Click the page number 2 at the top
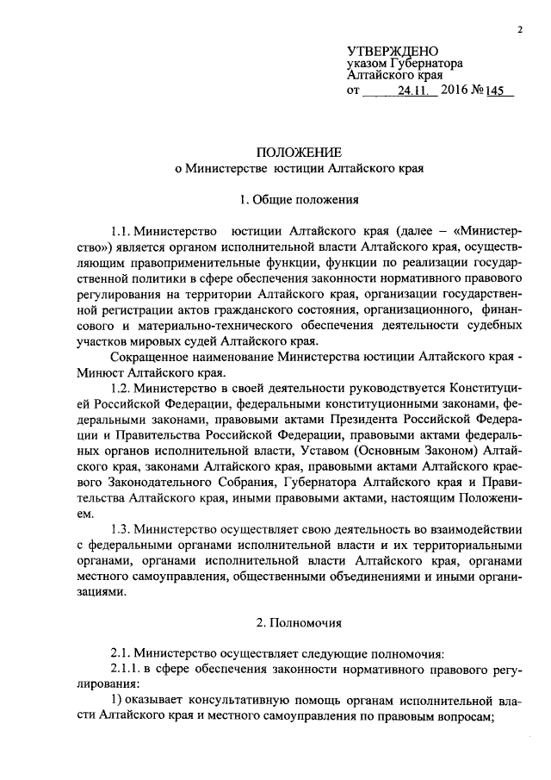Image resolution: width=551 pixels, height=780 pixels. (521, 31)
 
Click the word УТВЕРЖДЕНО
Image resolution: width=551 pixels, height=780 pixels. (393, 53)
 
